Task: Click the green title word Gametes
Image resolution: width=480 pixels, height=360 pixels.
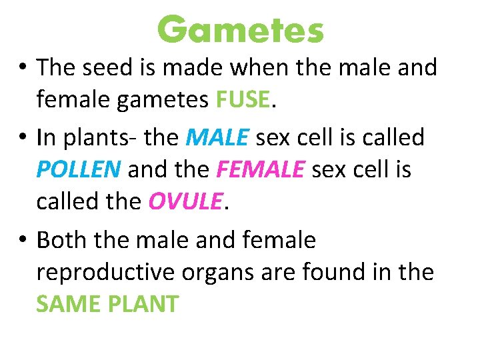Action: pyautogui.click(x=240, y=30)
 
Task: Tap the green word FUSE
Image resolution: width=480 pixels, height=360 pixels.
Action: pyautogui.click(x=243, y=100)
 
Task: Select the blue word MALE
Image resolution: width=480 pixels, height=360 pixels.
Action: pyautogui.click(x=218, y=138)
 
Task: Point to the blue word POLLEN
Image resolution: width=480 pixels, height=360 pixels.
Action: pyautogui.click(x=79, y=170)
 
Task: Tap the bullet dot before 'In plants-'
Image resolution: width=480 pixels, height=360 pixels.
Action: pyautogui.click(x=23, y=139)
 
